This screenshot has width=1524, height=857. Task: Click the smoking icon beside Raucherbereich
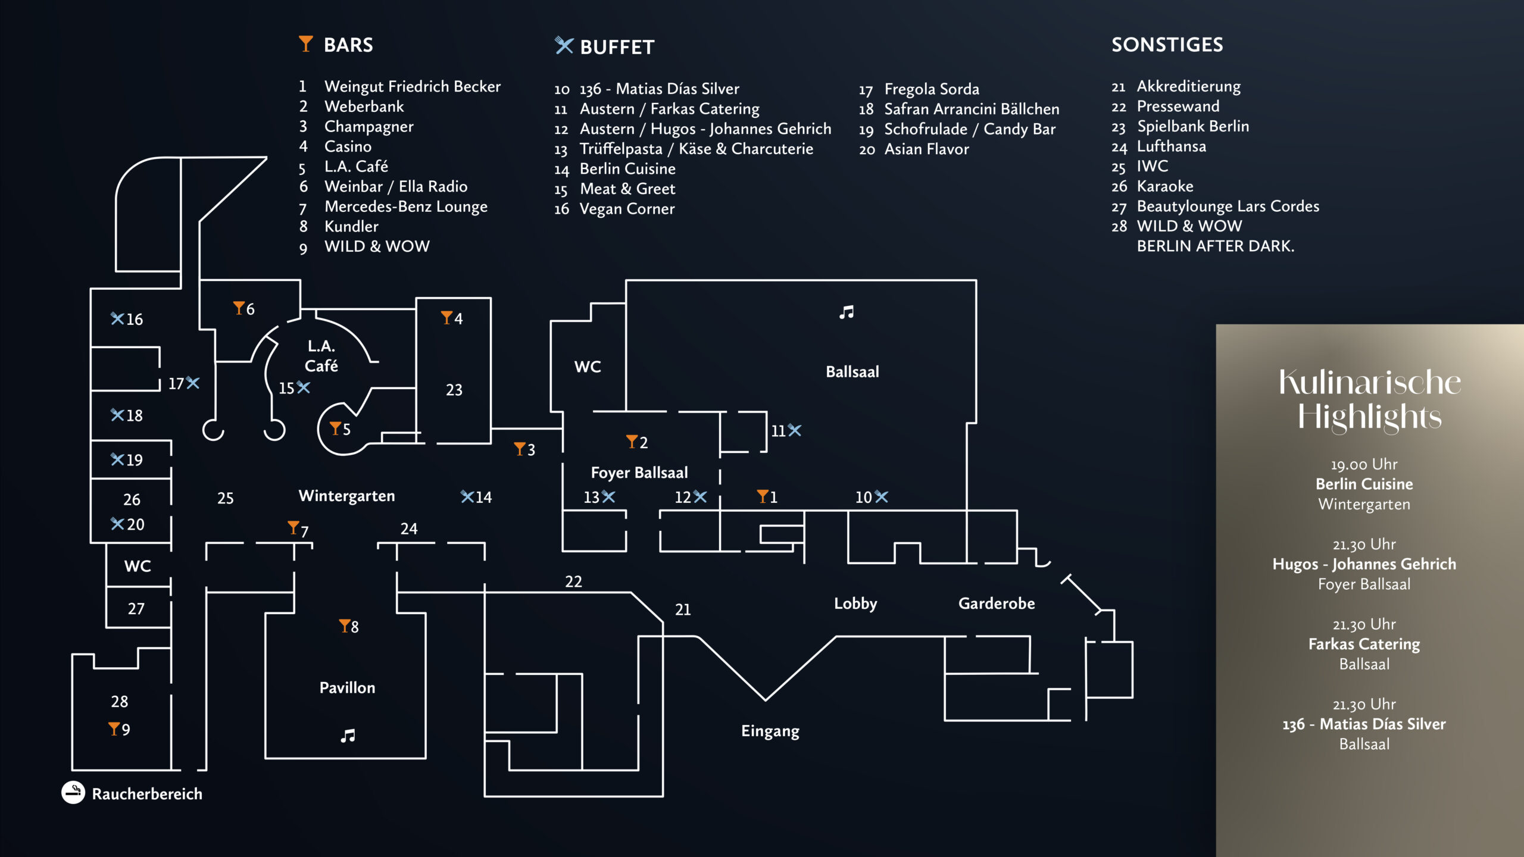coord(73,792)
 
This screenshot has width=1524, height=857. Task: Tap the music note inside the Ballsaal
coord(847,312)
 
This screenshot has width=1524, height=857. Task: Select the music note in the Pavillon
coord(348,736)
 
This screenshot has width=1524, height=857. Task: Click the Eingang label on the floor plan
coord(770,731)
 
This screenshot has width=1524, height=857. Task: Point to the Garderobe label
coord(996,603)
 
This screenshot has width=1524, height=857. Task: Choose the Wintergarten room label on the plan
coord(346,496)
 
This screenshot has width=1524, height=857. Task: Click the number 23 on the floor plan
coord(454,390)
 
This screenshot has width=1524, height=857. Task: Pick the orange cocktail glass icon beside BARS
coord(305,43)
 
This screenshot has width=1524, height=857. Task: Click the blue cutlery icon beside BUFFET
coord(563,45)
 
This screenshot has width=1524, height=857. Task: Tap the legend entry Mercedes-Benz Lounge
coord(405,207)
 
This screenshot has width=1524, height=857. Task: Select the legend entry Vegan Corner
coord(627,209)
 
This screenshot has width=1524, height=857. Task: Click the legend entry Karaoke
coord(1164,186)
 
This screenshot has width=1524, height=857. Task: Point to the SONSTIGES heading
coord(1167,45)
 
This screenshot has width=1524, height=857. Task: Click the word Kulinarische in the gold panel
coord(1369,382)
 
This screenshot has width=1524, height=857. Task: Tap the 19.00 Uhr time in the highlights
coord(1364,464)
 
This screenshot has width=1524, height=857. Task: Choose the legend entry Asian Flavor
coord(926,149)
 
